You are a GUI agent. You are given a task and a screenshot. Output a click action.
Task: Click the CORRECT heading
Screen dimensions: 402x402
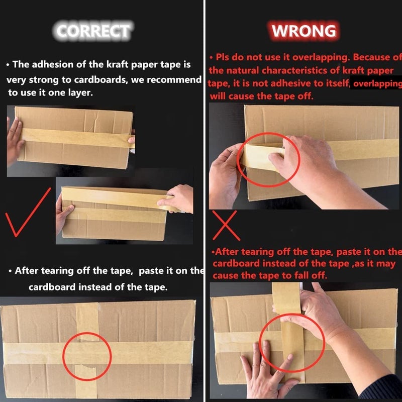pyautogui.click(x=93, y=31)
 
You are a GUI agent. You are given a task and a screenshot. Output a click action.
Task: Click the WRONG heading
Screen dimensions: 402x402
pyautogui.click(x=304, y=31)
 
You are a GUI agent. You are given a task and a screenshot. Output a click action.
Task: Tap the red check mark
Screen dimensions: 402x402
pyautogui.click(x=28, y=212)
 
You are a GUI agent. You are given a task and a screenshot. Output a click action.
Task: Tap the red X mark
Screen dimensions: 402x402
pyautogui.click(x=226, y=226)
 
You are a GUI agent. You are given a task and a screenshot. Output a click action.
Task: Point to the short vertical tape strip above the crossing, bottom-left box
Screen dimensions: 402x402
pyautogui.click(x=87, y=322)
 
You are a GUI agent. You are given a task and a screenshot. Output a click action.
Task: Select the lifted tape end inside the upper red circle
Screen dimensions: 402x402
pyautogui.click(x=259, y=156)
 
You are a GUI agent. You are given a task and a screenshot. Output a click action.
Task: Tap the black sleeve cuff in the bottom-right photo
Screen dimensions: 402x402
pyautogui.click(x=382, y=388)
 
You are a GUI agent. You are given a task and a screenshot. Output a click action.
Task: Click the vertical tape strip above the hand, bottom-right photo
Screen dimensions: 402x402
pyautogui.click(x=286, y=298)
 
